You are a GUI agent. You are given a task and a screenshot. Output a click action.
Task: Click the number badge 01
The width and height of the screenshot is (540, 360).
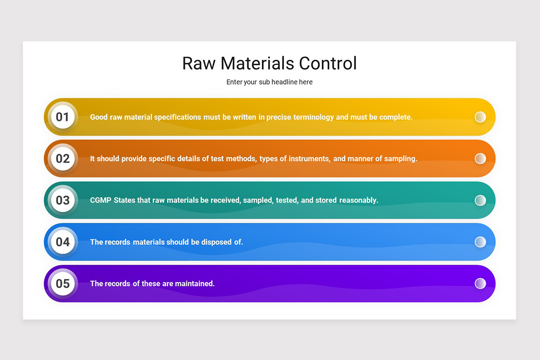tap(63, 117)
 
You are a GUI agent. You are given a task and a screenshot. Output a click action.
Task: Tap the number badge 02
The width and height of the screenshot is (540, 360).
tap(63, 158)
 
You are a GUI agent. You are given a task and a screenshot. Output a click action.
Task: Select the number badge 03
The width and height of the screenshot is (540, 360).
tap(63, 200)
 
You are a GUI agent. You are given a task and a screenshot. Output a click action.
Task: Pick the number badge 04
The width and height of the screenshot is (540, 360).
tap(63, 242)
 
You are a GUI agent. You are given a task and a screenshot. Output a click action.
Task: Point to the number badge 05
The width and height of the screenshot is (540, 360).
tap(63, 283)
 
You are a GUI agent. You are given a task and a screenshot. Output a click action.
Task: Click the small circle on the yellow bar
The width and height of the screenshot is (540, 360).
tap(480, 117)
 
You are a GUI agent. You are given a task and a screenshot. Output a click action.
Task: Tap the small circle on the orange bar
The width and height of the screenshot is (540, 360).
tap(480, 158)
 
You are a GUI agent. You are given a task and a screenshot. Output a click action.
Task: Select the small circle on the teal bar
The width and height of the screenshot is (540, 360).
tap(480, 200)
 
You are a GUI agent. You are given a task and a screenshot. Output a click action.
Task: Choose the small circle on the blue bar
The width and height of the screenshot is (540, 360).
tap(480, 242)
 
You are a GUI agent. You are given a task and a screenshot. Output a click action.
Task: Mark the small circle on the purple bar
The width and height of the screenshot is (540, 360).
tap(480, 283)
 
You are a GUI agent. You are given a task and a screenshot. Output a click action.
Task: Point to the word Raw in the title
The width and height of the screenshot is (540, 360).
tap(199, 63)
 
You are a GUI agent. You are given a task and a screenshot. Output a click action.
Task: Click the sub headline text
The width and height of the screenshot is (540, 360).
tap(269, 82)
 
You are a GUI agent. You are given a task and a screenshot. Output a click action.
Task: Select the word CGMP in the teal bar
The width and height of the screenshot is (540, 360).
tap(101, 200)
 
